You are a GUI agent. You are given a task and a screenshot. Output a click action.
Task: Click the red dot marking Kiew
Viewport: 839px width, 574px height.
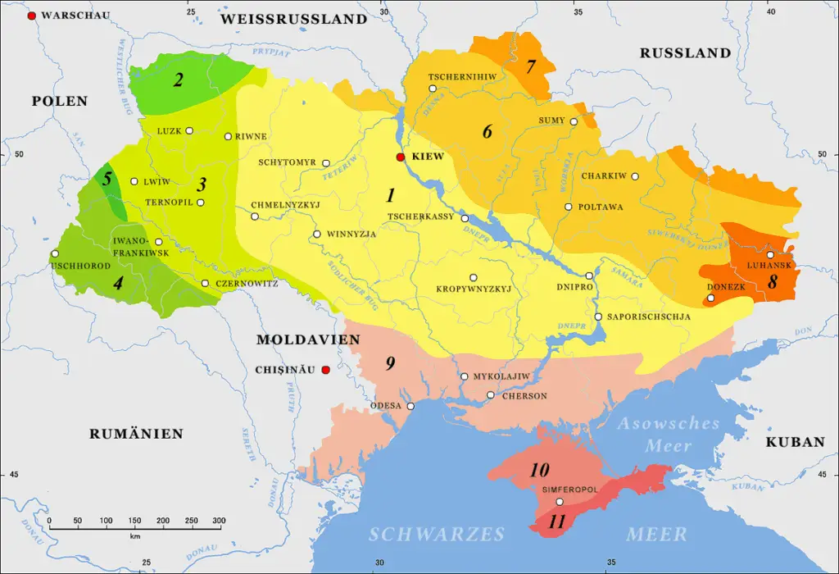coord(401,157)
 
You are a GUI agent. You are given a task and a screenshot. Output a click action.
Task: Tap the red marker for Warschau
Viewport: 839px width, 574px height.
coord(32,16)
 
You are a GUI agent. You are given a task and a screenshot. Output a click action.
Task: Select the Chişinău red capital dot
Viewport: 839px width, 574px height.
coord(325,371)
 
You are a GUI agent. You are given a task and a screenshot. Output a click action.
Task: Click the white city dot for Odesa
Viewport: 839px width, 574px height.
coord(411,406)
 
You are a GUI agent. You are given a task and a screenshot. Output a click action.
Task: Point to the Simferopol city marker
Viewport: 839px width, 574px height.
coord(560,502)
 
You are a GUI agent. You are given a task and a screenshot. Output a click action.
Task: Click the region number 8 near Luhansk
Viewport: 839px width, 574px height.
coord(772,281)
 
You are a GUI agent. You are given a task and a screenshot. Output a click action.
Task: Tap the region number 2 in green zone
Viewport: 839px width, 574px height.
coord(176,80)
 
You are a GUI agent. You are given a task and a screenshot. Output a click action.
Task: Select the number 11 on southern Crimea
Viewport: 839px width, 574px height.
coord(557,522)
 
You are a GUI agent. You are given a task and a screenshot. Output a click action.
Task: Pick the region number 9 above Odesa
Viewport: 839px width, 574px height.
coord(390,363)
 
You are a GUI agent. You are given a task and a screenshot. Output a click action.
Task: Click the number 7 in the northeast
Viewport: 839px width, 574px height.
coord(530,66)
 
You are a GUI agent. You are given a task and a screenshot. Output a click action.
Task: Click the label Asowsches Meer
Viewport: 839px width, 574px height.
coord(669,435)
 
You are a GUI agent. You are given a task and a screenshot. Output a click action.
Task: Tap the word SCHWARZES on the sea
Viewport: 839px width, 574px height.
coord(436,535)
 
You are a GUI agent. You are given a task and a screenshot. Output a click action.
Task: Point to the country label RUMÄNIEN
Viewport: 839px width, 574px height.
coord(136,434)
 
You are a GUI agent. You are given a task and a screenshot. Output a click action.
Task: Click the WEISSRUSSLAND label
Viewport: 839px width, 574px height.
coord(293,19)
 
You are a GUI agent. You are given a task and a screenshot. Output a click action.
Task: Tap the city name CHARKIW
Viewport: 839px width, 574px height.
coord(604,176)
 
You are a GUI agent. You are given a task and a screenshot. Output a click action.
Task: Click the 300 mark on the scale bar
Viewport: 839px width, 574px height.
coord(219,521)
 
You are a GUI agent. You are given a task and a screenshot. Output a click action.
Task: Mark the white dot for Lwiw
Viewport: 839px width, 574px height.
coord(134,181)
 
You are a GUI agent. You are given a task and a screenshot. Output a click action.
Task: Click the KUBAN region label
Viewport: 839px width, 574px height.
coord(795,442)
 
